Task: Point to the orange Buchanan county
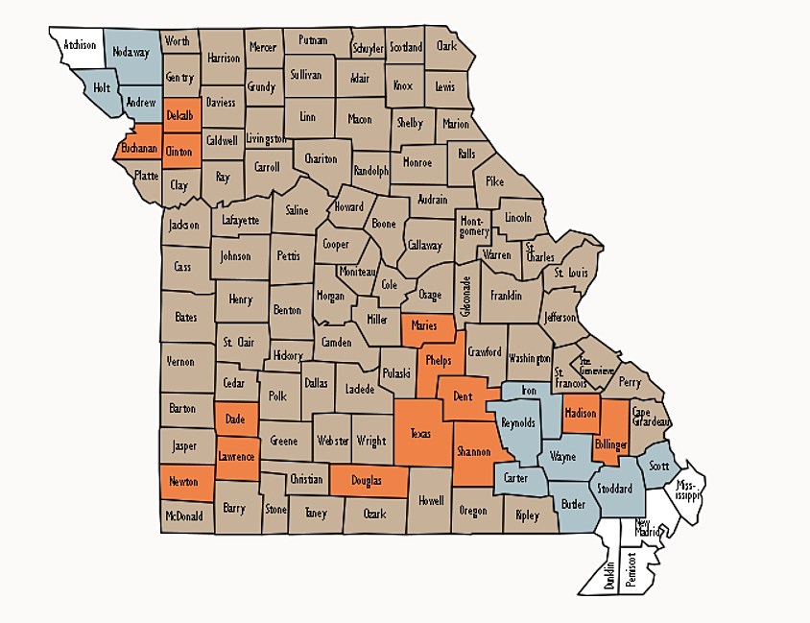(x=138, y=151)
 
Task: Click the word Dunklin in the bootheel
(x=608, y=575)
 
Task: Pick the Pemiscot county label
(x=631, y=568)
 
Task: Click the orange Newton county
(x=184, y=482)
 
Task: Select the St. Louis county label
(x=572, y=273)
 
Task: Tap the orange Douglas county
(x=367, y=480)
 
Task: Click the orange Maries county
(x=423, y=326)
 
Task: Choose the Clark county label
(x=446, y=45)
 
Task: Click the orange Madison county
(x=581, y=413)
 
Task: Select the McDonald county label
(x=183, y=515)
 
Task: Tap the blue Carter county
(x=515, y=477)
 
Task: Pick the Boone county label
(x=384, y=224)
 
